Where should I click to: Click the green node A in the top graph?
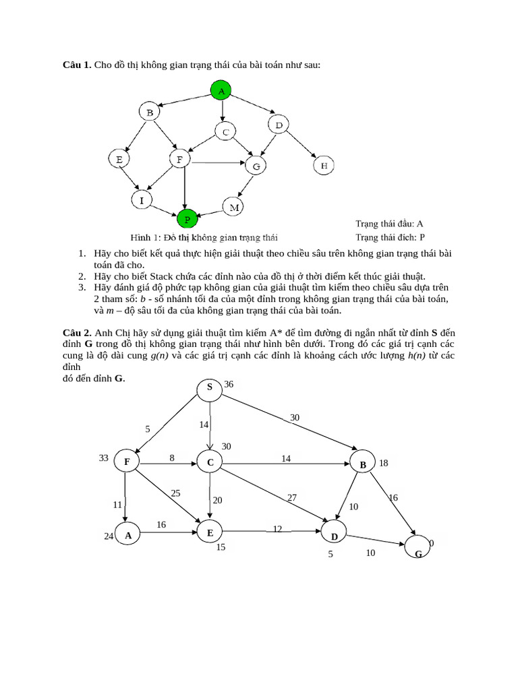pos(221,90)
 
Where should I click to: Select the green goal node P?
pos(187,218)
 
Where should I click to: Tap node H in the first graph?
pos(324,165)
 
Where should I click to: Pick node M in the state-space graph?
pos(233,208)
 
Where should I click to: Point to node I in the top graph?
pos(142,200)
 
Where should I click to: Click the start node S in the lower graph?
pos(210,387)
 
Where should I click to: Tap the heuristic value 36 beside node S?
pos(229,384)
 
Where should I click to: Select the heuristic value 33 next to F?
pos(103,458)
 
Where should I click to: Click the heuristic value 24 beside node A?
pos(109,536)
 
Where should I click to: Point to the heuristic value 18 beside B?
pos(384,464)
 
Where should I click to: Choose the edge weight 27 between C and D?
pos(292,497)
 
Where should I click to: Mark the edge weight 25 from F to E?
pos(175,493)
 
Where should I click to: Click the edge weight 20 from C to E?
pos(217,501)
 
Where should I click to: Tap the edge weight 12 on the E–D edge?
pos(277,529)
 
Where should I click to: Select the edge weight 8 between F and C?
pos(172,458)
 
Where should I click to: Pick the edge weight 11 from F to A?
pos(117,504)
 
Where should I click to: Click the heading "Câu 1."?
pos(77,65)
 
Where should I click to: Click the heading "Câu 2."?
pos(77,333)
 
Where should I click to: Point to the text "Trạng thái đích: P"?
pos(390,237)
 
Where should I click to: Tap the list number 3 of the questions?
pos(81,287)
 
